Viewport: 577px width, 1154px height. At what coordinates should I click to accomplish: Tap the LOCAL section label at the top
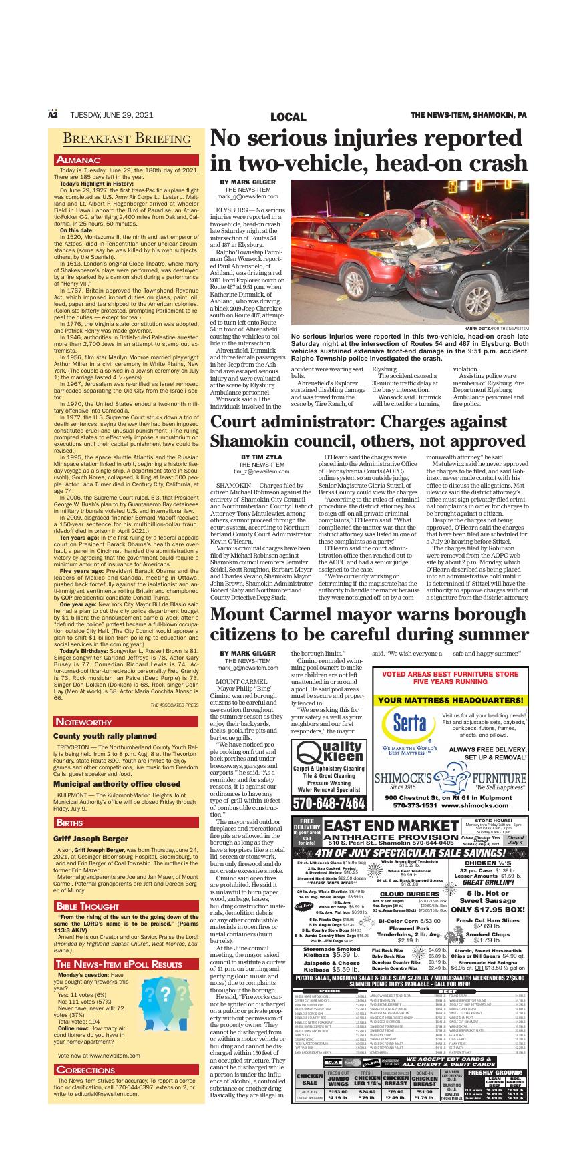coord(288,117)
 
